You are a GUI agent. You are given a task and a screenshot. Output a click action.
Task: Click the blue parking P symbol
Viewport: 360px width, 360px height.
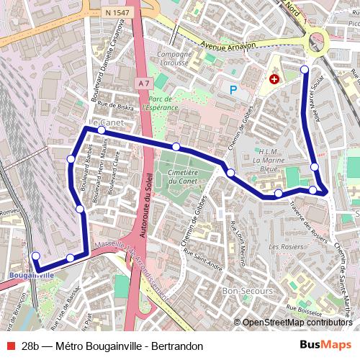click(233, 90)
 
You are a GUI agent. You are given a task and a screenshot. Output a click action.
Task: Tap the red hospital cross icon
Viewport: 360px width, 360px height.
click(274, 79)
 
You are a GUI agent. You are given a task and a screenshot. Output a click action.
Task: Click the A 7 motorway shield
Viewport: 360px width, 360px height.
click(143, 84)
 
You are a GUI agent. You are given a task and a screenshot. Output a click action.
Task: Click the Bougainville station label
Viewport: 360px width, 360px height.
click(33, 275)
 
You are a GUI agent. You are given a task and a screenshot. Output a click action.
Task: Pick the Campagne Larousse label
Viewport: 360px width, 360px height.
click(173, 58)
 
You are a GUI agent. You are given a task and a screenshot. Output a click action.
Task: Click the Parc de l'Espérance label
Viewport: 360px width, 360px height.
click(160, 103)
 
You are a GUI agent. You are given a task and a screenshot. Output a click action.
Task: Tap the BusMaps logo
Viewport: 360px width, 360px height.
click(325, 345)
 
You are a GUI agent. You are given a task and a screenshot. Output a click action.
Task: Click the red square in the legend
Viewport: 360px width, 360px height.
click(9, 346)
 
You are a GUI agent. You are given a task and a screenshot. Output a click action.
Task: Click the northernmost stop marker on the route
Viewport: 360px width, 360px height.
click(305, 70)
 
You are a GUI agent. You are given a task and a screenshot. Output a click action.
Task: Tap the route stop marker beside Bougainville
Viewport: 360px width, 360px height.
click(36, 256)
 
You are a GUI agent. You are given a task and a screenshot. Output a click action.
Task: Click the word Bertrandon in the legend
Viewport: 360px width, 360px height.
click(176, 346)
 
